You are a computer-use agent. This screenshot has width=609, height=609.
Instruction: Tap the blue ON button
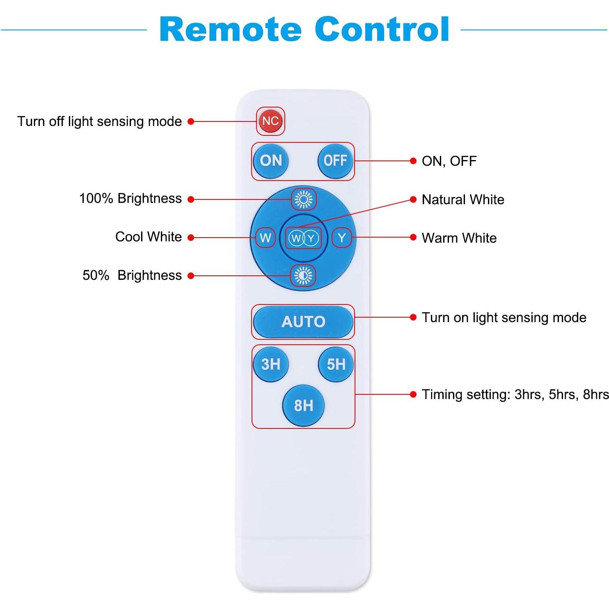pyautogui.click(x=271, y=160)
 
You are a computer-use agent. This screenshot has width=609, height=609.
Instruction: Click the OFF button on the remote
pyautogui.click(x=335, y=160)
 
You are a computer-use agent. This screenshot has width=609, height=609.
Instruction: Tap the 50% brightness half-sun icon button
pyautogui.click(x=303, y=275)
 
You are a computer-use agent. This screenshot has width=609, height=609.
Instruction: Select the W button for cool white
pyautogui.click(x=265, y=238)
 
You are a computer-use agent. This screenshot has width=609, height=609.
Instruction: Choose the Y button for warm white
pyautogui.click(x=341, y=238)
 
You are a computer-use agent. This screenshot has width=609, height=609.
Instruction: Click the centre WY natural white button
pyautogui.click(x=303, y=238)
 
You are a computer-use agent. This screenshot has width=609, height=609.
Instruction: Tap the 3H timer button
pyautogui.click(x=271, y=364)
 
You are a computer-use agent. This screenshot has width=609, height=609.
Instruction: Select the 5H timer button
pyautogui.click(x=336, y=364)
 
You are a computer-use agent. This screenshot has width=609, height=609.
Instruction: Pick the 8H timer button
pyautogui.click(x=303, y=405)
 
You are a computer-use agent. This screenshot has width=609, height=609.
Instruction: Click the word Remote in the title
pyautogui.click(x=230, y=30)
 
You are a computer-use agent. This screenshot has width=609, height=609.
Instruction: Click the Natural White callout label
pyautogui.click(x=463, y=199)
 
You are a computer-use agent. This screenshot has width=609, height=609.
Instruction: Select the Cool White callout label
pyautogui.click(x=148, y=237)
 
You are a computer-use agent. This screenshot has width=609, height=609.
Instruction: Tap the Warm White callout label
pyautogui.click(x=459, y=238)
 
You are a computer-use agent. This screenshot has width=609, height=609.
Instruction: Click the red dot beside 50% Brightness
pyautogui.click(x=191, y=276)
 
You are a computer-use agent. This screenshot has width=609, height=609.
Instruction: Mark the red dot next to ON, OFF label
pyautogui.click(x=413, y=161)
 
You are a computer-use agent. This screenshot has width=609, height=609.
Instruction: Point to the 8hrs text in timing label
pyautogui.click(x=596, y=394)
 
